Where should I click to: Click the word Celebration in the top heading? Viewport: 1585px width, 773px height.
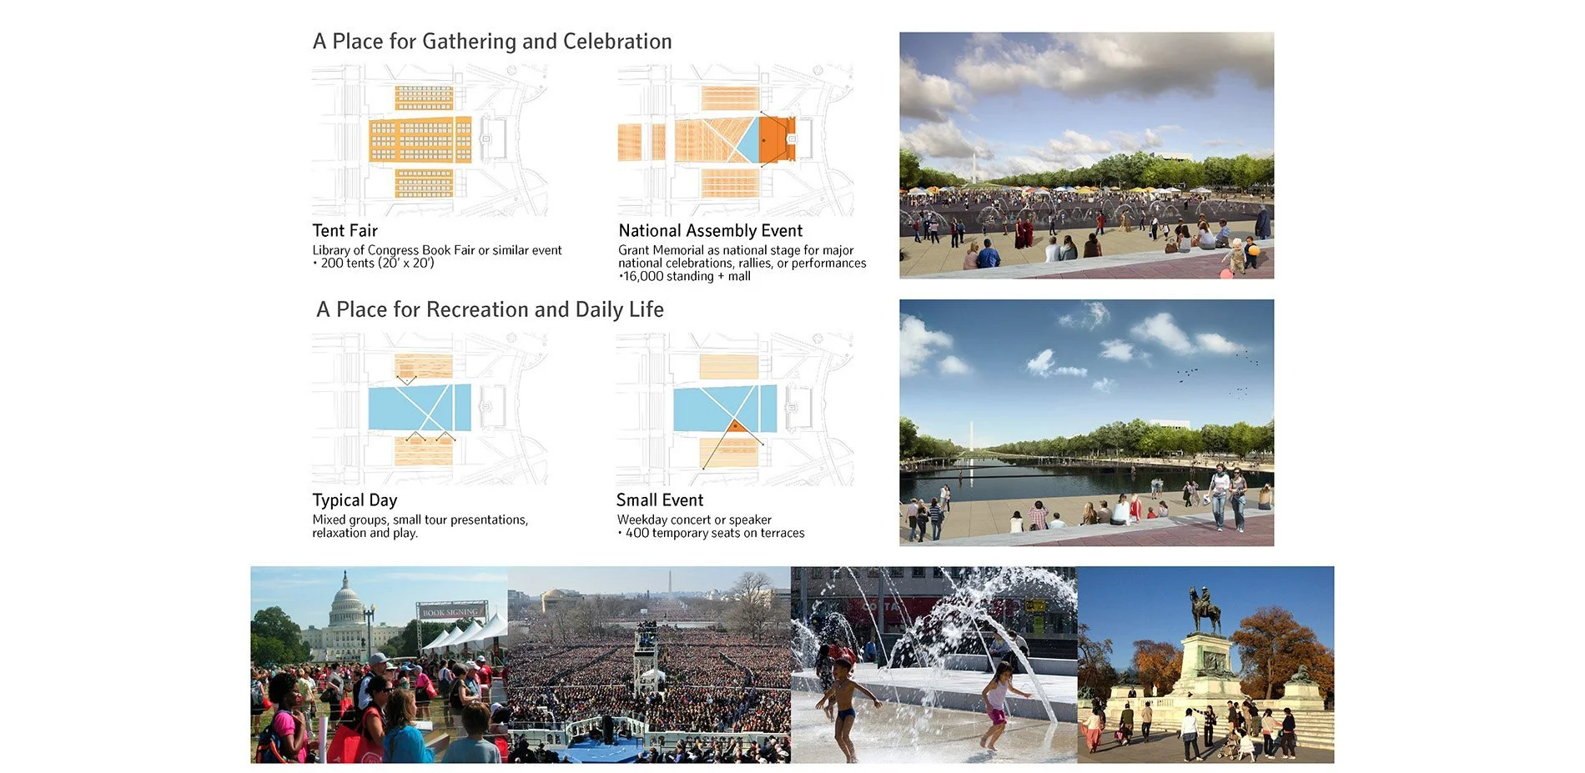pos(617,42)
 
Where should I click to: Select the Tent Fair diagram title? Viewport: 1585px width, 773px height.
pos(345,231)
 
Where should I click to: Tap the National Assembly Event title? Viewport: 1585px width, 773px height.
pos(711,231)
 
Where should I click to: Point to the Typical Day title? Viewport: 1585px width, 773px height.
pos(355,500)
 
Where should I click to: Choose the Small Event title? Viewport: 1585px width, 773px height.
pos(660,500)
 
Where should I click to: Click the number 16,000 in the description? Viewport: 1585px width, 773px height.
pos(642,276)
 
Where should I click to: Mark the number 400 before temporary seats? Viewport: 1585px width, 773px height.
pos(637,533)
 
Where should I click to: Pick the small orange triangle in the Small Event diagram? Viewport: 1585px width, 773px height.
pos(735,427)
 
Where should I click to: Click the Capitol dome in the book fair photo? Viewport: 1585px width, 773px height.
pos(346,600)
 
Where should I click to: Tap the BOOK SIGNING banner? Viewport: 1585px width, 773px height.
pos(450,612)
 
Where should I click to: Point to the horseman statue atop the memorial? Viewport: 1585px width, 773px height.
pos(1205,609)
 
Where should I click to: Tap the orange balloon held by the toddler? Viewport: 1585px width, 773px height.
pos(1253,250)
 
